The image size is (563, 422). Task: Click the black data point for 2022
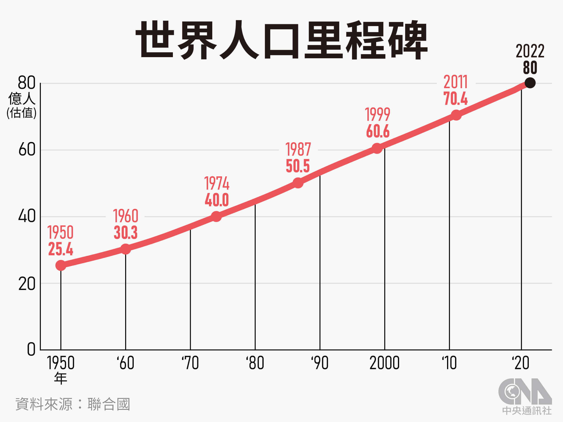pyautogui.click(x=530, y=83)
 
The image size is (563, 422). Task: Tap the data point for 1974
pyautogui.click(x=216, y=216)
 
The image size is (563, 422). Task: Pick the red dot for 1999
pyautogui.click(x=377, y=148)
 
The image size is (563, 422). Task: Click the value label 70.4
pyautogui.click(x=455, y=99)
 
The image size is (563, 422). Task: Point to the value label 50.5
pyautogui.click(x=298, y=166)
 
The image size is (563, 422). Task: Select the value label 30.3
pyautogui.click(x=125, y=233)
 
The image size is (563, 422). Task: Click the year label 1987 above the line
pyautogui.click(x=298, y=150)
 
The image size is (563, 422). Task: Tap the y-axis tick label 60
pyautogui.click(x=27, y=150)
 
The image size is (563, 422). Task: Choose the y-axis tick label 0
pyautogui.click(x=31, y=350)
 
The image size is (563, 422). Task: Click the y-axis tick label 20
pyautogui.click(x=27, y=284)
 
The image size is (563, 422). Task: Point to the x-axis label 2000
pyautogui.click(x=384, y=363)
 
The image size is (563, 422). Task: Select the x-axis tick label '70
pyautogui.click(x=190, y=363)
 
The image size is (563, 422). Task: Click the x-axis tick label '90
pyautogui.click(x=320, y=363)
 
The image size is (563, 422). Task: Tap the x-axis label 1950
pyautogui.click(x=61, y=363)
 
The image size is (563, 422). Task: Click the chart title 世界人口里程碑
pyautogui.click(x=281, y=40)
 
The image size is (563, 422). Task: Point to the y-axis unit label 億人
pyautogui.click(x=22, y=99)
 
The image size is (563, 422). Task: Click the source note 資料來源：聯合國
pyautogui.click(x=72, y=404)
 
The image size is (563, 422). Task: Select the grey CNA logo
pyautogui.click(x=525, y=391)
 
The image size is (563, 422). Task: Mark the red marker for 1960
pyautogui.click(x=125, y=249)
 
